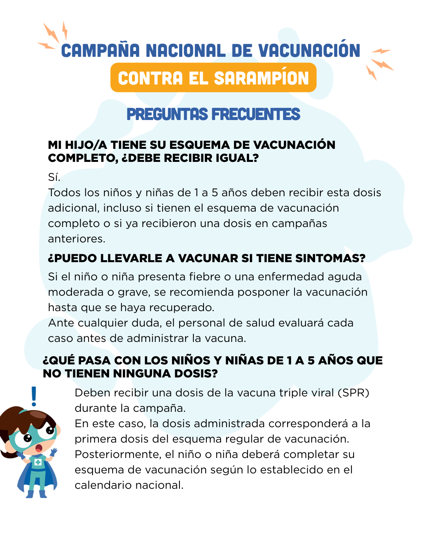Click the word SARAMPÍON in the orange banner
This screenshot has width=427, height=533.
[x=261, y=78]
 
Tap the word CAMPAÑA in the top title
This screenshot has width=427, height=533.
[x=100, y=51]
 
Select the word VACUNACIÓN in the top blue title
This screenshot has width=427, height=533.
[x=309, y=51]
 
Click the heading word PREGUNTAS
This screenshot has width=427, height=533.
[x=167, y=114]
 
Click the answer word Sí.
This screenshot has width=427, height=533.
[x=54, y=177]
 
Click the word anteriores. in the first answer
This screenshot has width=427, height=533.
[x=77, y=239]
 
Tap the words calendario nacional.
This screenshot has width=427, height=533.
[x=129, y=485]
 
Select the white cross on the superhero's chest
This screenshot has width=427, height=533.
[x=38, y=462]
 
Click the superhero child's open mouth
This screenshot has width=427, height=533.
[x=39, y=448]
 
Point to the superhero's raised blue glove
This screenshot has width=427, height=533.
[x=53, y=452]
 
